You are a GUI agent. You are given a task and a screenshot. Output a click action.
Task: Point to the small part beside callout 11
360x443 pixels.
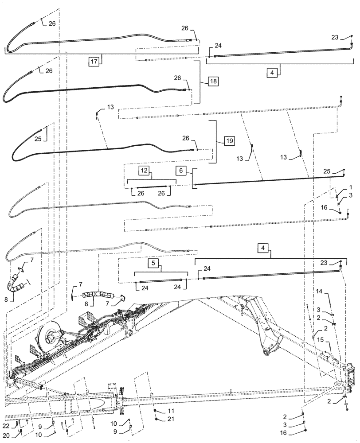156,412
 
